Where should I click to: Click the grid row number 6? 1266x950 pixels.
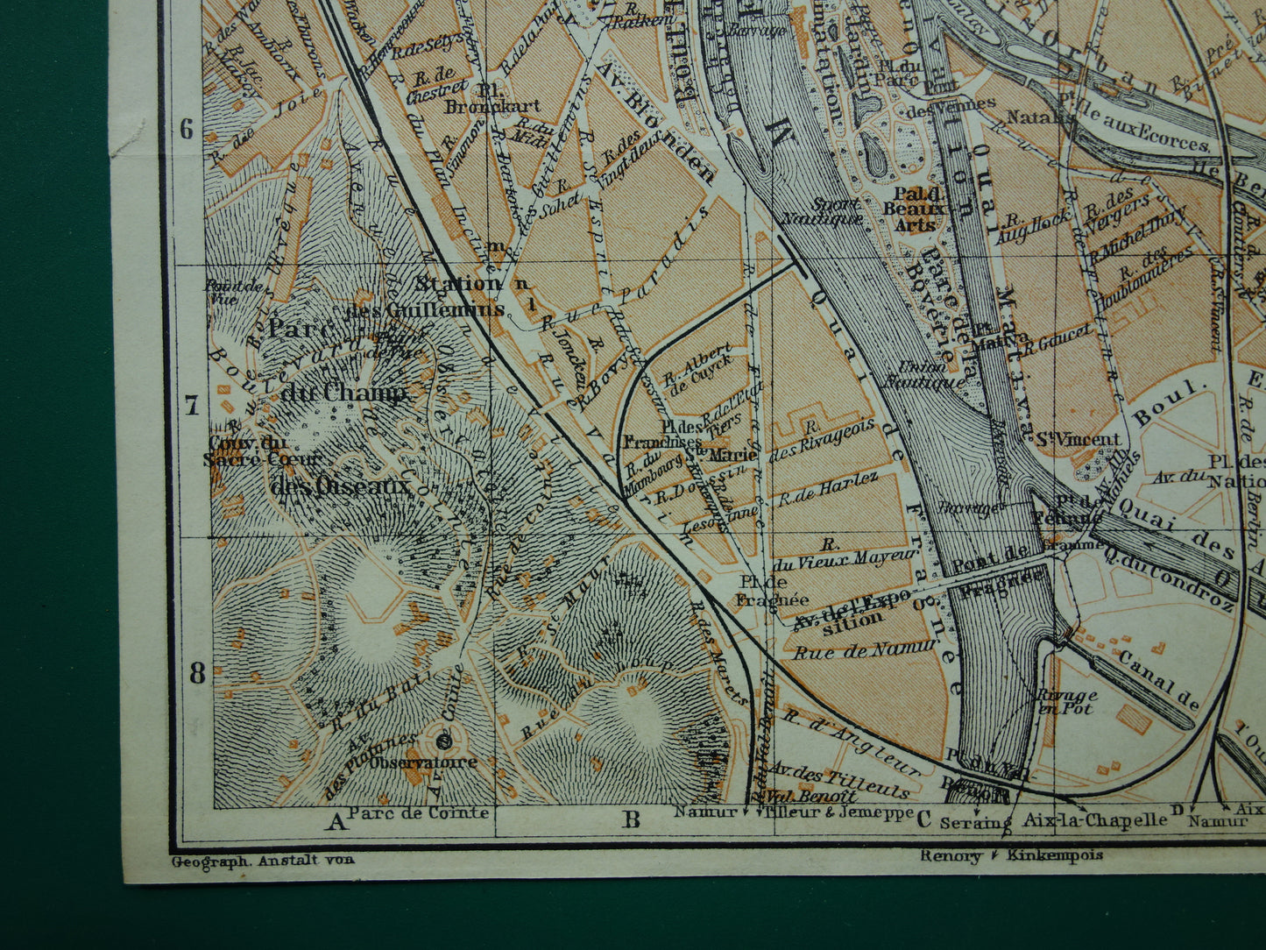point(187,130)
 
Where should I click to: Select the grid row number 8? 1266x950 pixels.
point(197,673)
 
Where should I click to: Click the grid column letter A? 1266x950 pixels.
point(335,821)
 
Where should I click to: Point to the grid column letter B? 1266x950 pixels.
point(631,820)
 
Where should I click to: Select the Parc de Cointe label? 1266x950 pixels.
point(419,812)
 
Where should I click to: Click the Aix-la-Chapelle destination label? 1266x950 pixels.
point(1095,820)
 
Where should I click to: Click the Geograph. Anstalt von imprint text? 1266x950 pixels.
point(262,861)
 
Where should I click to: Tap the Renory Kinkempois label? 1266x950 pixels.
point(1011,854)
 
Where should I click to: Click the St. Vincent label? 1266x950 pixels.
point(1078,439)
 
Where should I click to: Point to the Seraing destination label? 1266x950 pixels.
point(975,822)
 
